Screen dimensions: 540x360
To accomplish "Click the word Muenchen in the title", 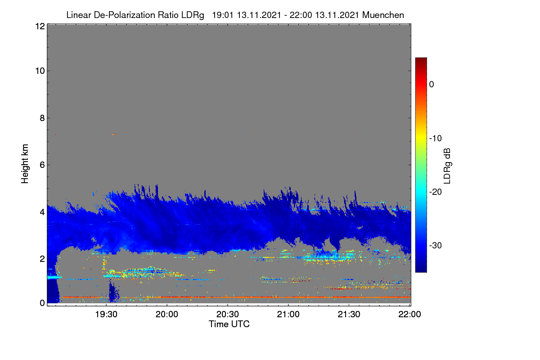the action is coord(383,15).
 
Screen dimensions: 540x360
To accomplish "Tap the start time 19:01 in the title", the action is coord(223,15).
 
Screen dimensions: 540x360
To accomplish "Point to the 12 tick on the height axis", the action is coord(40,26).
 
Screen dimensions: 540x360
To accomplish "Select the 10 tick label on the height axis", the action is coord(40,71).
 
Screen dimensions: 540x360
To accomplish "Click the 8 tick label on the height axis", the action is coord(42,118).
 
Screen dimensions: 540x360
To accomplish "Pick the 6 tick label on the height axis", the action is coord(42,165).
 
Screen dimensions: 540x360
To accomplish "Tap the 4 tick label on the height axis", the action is coord(42,212).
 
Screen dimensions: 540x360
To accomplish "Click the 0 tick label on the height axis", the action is coord(42,303).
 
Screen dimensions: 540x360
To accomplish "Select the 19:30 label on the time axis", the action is coord(106,314).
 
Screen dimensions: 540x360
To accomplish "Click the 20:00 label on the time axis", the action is coord(167,314).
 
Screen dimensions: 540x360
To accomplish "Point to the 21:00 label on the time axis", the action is coord(288,314).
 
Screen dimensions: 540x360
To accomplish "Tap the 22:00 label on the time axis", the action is coord(409,314).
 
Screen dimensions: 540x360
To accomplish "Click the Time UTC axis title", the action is coord(229,324).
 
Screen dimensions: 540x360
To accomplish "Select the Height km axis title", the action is coord(25,164).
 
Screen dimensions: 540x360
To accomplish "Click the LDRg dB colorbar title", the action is coord(447,166).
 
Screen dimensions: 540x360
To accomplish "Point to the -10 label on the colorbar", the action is coord(436,139).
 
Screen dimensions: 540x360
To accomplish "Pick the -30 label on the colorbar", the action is coord(436,245).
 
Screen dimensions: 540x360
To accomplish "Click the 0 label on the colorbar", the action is coord(432,85).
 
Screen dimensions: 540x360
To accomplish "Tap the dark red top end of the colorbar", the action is coord(421,59).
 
